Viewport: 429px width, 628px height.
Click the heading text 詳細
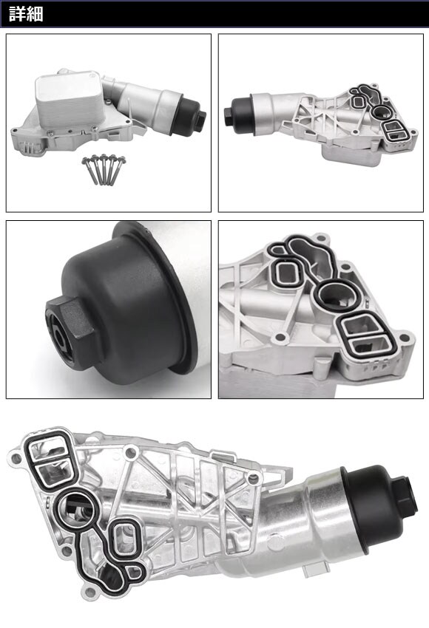click(26, 15)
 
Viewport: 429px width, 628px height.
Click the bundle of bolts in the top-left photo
click(104, 169)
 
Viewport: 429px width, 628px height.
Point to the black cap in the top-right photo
click(239, 110)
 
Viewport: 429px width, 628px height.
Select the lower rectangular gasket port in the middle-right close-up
click(370, 344)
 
